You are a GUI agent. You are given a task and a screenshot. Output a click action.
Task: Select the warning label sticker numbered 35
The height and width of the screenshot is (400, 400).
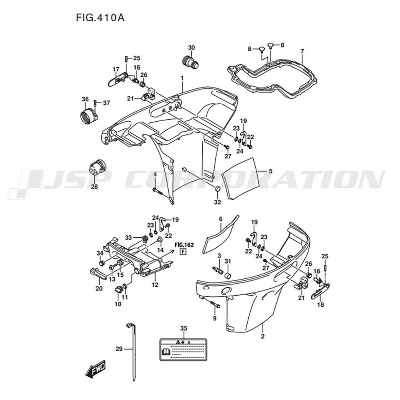183,348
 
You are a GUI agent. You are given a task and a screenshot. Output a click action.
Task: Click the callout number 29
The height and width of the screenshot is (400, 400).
119,349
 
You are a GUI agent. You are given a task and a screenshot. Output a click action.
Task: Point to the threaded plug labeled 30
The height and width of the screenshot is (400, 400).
188,62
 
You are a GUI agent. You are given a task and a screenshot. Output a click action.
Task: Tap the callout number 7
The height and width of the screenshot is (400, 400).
302,51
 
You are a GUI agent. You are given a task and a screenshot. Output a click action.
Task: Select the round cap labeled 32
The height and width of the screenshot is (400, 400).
217,190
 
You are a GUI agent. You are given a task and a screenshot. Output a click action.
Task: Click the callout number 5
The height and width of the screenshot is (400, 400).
270,171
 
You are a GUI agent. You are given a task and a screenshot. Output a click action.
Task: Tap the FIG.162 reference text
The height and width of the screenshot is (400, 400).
184,244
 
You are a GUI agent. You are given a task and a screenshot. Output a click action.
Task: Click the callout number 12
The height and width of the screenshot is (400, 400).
155,285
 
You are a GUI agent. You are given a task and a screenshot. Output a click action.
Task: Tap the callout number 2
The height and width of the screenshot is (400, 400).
263,336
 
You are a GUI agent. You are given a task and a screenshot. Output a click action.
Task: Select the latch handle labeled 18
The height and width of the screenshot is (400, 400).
320,290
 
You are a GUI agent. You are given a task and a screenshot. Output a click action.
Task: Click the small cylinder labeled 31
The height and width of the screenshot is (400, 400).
228,276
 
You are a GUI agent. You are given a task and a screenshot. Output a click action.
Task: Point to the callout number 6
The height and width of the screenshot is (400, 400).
220,219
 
